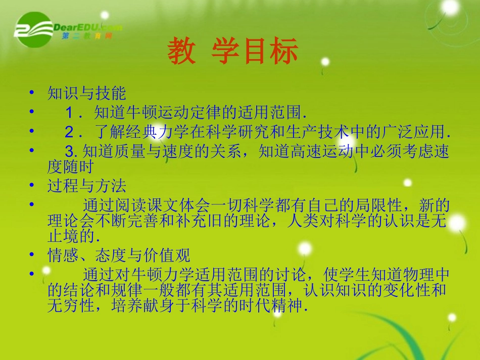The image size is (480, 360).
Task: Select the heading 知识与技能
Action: (86, 93)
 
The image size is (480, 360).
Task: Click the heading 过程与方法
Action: (86, 186)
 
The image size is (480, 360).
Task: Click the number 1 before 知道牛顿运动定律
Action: (70, 113)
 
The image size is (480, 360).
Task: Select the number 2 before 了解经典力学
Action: (70, 132)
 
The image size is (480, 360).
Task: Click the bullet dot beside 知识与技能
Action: (32, 92)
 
